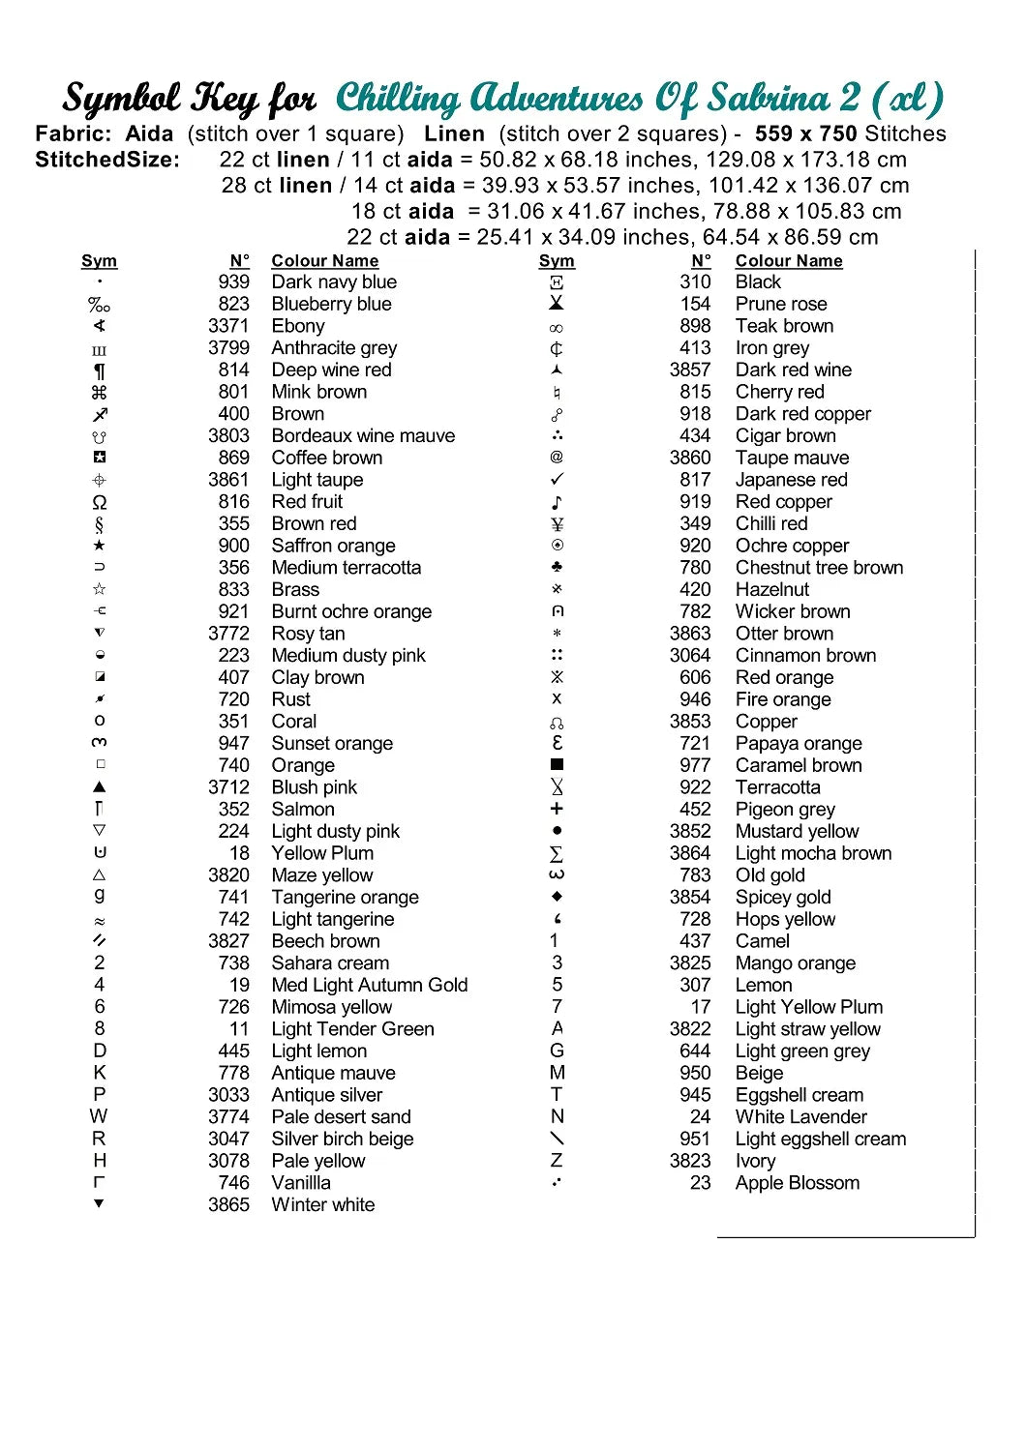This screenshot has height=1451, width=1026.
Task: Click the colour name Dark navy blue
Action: point(334,282)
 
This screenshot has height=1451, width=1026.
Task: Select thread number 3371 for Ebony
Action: point(228,326)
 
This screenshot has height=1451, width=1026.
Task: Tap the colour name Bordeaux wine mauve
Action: point(363,436)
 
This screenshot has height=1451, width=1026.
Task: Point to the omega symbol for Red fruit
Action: point(100,503)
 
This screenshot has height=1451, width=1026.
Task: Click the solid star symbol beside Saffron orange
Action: point(100,546)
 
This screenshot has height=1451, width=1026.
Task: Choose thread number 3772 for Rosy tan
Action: point(228,634)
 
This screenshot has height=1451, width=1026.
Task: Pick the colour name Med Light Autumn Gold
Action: point(369,986)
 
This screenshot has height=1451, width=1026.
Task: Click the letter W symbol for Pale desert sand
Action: point(99,1116)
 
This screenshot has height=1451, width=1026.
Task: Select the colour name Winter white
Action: point(322,1205)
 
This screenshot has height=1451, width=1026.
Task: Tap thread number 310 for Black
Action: point(695,282)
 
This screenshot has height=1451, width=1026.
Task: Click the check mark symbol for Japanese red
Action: point(557,480)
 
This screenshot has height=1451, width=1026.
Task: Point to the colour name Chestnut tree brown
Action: point(819,568)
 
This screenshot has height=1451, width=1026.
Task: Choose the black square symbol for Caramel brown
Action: point(557,765)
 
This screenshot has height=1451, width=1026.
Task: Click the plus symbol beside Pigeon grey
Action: point(557,809)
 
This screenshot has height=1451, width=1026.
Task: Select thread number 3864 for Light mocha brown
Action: point(690,853)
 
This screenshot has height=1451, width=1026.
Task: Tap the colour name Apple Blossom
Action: point(797,1183)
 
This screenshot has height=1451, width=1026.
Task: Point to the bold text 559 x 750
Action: point(806,134)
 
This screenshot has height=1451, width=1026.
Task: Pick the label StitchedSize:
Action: point(107,160)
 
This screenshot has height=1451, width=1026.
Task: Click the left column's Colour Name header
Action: point(324,261)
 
